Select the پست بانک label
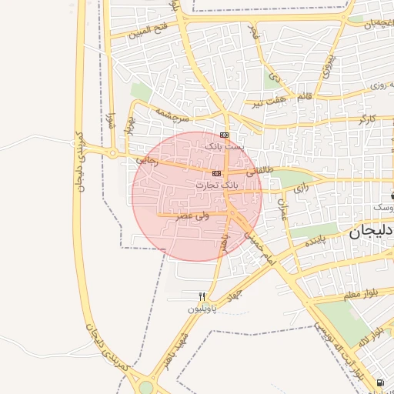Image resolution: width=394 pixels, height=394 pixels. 223,145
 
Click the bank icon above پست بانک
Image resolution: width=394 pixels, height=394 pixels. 224,135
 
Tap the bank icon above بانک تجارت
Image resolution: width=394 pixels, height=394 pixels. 216,174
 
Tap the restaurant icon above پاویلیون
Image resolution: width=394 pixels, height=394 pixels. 202,296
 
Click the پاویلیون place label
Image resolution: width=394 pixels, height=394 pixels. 203,309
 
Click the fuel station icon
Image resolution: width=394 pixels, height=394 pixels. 380,382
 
